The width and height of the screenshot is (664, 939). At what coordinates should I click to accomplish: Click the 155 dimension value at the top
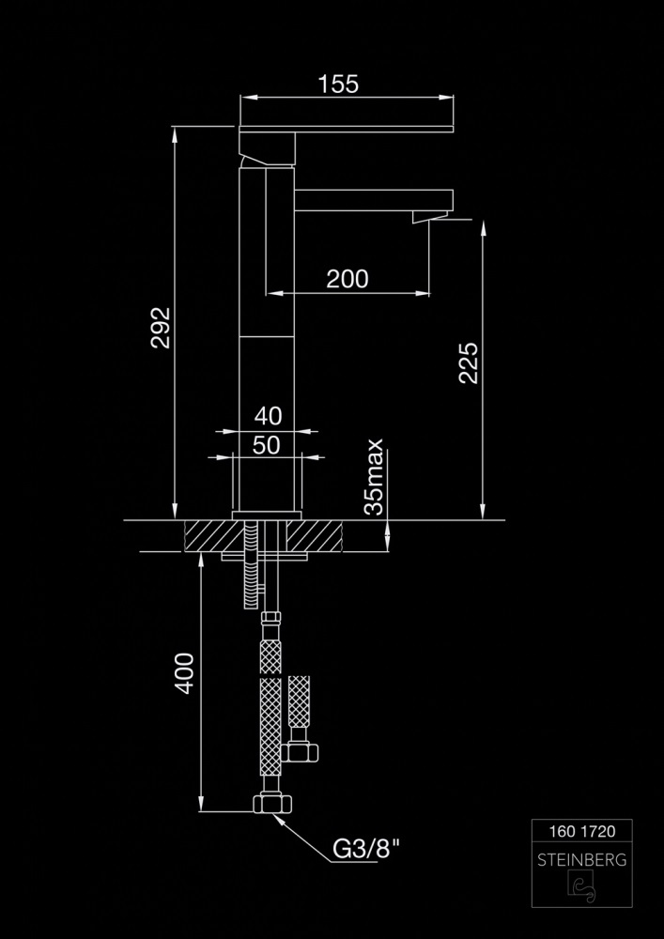[x=338, y=84]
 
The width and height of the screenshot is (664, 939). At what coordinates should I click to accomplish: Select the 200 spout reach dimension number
[x=347, y=279]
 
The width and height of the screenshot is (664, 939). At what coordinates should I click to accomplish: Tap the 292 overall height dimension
[x=161, y=328]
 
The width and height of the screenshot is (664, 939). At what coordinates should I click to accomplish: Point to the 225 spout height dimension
[x=469, y=362]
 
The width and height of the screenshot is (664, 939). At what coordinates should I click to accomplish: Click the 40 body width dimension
[x=268, y=416]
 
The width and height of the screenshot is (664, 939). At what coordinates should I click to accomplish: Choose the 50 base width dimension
[x=267, y=445]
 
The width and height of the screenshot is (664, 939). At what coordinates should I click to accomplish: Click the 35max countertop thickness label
[x=374, y=477]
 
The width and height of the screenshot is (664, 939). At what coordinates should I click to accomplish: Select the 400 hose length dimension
[x=184, y=673]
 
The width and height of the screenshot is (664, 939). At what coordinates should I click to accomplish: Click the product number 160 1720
[x=582, y=831]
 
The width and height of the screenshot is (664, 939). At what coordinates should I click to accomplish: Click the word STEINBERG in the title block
[x=582, y=860]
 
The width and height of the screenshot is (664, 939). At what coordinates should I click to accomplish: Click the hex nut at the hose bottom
[x=272, y=803]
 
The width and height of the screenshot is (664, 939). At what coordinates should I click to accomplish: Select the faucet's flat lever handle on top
[x=346, y=129]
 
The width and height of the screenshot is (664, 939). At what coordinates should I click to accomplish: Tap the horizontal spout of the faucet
[x=374, y=200]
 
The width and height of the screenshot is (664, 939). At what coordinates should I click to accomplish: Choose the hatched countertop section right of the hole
[x=314, y=536]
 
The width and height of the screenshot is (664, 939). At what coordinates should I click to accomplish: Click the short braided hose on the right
[x=299, y=701]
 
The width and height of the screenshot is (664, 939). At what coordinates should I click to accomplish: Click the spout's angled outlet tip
[x=430, y=217]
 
